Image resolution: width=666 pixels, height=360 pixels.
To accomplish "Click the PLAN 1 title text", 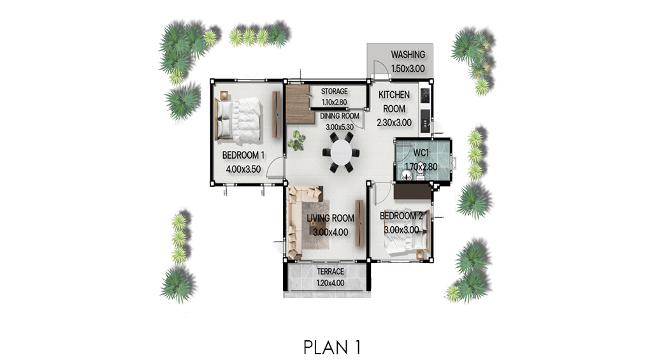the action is (x=332, y=347).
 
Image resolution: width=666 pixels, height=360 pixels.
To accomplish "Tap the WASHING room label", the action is (x=408, y=54).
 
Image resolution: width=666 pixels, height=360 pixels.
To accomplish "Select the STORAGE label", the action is (x=334, y=91).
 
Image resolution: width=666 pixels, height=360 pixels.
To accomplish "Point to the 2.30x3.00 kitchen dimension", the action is (x=394, y=123).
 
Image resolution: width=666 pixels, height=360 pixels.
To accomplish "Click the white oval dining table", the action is (x=341, y=152).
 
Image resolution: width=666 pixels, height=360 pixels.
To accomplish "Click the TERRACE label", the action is (x=331, y=271).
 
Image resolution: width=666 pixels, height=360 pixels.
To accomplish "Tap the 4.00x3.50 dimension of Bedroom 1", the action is (x=243, y=169).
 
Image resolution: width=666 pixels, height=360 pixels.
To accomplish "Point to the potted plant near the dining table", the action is (x=296, y=141).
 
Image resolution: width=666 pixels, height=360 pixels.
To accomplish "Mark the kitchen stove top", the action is (x=424, y=96).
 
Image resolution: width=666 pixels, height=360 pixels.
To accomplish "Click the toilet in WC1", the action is (x=421, y=172).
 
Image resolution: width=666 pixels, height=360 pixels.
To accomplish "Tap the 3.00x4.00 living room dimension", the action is (x=331, y=232).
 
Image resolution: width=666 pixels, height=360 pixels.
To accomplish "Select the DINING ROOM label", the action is (x=340, y=116).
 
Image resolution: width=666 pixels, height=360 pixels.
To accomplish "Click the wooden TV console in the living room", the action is (x=359, y=223).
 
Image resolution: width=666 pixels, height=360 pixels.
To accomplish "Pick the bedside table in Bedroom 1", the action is (x=224, y=96).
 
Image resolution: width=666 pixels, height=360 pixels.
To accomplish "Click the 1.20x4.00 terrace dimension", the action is (x=331, y=283).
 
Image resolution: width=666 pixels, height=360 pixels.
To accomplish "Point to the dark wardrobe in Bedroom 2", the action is (x=412, y=192).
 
